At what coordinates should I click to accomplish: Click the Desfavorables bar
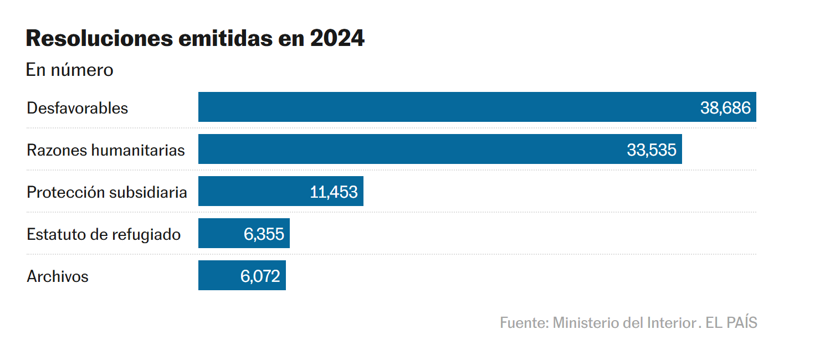pos(443,107)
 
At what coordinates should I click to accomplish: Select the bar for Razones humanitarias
pos(410,149)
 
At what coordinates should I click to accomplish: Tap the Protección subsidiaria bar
pos(249,191)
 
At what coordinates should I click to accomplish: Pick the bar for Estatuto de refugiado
pos(219,233)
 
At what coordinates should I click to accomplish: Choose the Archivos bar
pos(216,275)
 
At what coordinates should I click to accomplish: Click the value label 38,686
pos(725,107)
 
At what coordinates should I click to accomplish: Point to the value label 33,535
pos(652,150)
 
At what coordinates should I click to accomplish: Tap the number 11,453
pos(334,192)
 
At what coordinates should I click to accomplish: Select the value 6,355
pos(264,234)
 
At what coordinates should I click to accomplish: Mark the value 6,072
pos(260,276)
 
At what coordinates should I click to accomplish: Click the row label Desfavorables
pos(77,107)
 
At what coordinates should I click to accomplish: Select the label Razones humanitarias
pos(105,150)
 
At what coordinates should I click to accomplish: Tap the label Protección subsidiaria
pos(106,192)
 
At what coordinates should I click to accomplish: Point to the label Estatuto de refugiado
pos(104,234)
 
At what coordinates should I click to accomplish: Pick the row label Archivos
pos(58,276)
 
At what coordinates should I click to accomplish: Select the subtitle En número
pos(69,70)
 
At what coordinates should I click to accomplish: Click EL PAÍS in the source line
pos(731,322)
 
